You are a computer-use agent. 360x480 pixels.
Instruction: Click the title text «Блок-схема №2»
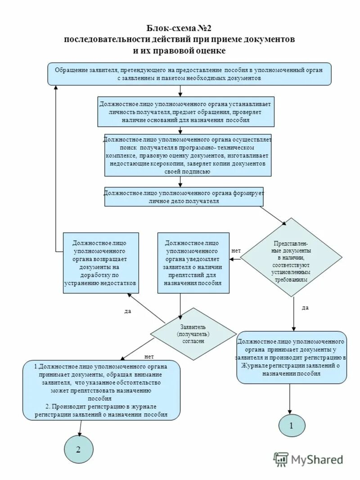(180, 28)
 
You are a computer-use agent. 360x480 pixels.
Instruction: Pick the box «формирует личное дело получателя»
(184, 197)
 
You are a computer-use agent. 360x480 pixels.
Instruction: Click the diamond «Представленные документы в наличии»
(292, 257)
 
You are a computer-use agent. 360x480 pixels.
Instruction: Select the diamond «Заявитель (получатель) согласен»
(193, 334)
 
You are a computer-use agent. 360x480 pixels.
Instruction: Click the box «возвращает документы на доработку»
(100, 263)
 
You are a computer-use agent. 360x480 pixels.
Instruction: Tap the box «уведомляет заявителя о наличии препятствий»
(193, 263)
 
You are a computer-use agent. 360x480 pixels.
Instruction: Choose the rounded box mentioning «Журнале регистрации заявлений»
(292, 357)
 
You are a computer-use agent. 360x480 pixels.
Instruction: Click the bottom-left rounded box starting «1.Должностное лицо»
(102, 390)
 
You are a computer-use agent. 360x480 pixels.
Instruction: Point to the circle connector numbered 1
(291, 425)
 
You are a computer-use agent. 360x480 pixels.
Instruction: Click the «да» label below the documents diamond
(305, 308)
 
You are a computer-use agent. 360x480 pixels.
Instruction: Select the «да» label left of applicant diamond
(127, 311)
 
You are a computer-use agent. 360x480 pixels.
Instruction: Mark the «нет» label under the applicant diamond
(148, 356)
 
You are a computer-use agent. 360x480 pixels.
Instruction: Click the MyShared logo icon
(281, 459)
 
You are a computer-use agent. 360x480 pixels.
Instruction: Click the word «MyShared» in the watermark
(317, 459)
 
